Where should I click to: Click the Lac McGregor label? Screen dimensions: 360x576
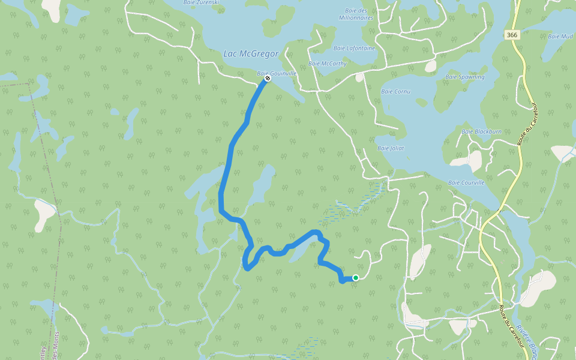pos(251,54)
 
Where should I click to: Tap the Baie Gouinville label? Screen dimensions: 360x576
pos(277,73)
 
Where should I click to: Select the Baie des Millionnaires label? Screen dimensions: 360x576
pos(359,14)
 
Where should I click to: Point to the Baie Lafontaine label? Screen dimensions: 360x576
pos(354,48)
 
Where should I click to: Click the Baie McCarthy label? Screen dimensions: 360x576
pos(328,64)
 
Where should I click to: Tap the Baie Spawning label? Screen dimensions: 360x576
pos(465,77)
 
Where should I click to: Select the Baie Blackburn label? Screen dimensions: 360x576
pos(481,131)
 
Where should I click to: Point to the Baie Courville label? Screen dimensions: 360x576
pos(466,182)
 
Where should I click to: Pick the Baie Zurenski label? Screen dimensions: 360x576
pos(202,2)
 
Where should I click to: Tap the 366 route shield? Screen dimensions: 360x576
pos(512,35)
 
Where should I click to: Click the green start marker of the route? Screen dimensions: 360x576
pos(356,278)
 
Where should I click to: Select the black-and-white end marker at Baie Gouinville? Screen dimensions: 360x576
pos(268,78)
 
